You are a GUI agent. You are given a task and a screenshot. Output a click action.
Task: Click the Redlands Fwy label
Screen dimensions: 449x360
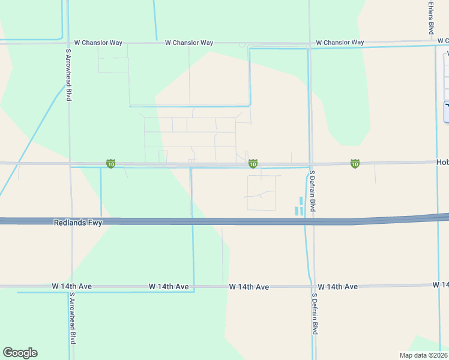pos(78,223)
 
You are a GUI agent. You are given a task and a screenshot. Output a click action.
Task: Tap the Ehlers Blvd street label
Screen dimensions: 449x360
pos(431,17)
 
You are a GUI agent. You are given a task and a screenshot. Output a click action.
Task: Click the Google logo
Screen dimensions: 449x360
pos(20,353)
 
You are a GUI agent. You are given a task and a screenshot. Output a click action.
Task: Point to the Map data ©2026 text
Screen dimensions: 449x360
pos(423,355)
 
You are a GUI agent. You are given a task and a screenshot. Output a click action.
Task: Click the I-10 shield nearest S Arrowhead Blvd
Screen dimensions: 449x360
pos(111,163)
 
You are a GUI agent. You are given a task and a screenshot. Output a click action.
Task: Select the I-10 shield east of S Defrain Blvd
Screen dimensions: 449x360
pos(355,163)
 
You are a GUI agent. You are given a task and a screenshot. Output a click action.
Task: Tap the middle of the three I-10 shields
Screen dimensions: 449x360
pos(253,163)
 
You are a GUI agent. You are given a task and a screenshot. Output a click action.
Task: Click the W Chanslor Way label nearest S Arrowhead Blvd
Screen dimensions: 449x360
pos(98,43)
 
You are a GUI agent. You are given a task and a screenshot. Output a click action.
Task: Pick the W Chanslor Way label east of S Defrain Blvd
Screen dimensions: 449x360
pos(340,43)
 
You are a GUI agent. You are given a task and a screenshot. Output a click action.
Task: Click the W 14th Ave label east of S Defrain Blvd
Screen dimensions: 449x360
pos(338,287)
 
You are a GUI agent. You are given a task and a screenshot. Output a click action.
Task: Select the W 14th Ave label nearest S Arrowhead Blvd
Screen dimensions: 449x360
pos(72,287)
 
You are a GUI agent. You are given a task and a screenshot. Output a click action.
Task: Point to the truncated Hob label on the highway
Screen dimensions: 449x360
pos(442,163)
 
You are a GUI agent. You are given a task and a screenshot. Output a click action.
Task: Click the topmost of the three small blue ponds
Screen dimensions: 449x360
pos(301,200)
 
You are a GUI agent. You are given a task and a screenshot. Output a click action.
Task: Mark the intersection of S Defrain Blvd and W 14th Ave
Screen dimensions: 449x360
pos(312,286)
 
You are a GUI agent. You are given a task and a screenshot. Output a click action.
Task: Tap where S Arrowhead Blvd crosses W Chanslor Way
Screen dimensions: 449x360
pos(69,43)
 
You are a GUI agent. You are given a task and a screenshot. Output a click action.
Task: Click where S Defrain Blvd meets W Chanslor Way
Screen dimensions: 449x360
pos(310,44)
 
